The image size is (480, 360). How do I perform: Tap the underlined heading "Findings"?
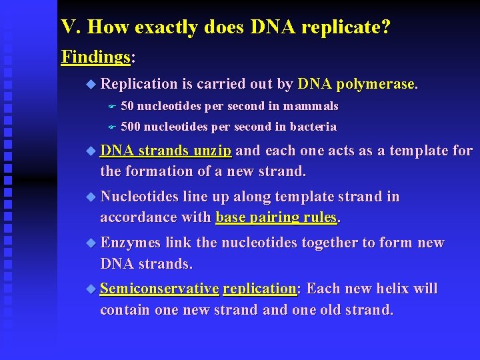coord(95,57)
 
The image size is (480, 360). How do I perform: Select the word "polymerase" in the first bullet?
coord(376,84)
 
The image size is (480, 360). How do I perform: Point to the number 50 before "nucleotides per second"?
coord(127,106)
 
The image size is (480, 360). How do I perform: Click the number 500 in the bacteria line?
coord(131,127)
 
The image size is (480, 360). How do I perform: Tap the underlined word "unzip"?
coord(212,151)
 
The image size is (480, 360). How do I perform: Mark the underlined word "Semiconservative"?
coord(159,289)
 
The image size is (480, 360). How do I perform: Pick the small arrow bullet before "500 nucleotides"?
coord(112,127)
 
